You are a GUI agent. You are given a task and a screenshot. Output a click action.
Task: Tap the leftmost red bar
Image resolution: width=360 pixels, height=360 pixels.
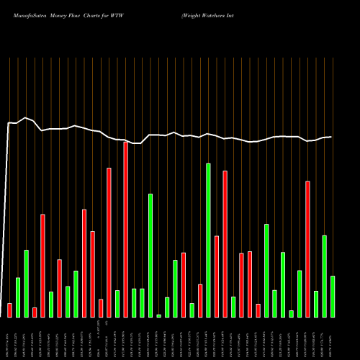tap(9, 310)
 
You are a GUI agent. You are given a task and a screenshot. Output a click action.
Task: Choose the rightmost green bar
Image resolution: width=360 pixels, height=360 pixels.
tap(333, 296)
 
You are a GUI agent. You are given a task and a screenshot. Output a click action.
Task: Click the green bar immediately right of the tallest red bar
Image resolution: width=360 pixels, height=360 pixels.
tap(134, 302)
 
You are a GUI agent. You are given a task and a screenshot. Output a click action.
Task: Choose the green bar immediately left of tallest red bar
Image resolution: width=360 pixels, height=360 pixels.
tap(117, 303)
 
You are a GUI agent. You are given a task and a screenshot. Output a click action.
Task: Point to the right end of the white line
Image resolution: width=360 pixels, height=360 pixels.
tap(331, 137)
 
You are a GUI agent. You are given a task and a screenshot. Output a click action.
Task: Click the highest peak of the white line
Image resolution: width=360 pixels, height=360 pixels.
tap(26, 117)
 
